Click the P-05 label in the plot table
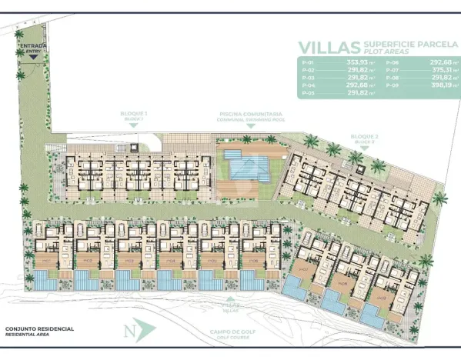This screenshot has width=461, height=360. coord(309,93)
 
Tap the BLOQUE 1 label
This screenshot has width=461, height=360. coord(134,115)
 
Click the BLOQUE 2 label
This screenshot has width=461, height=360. coord(364,138)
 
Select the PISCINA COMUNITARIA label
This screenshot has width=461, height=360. coord(245,112)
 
